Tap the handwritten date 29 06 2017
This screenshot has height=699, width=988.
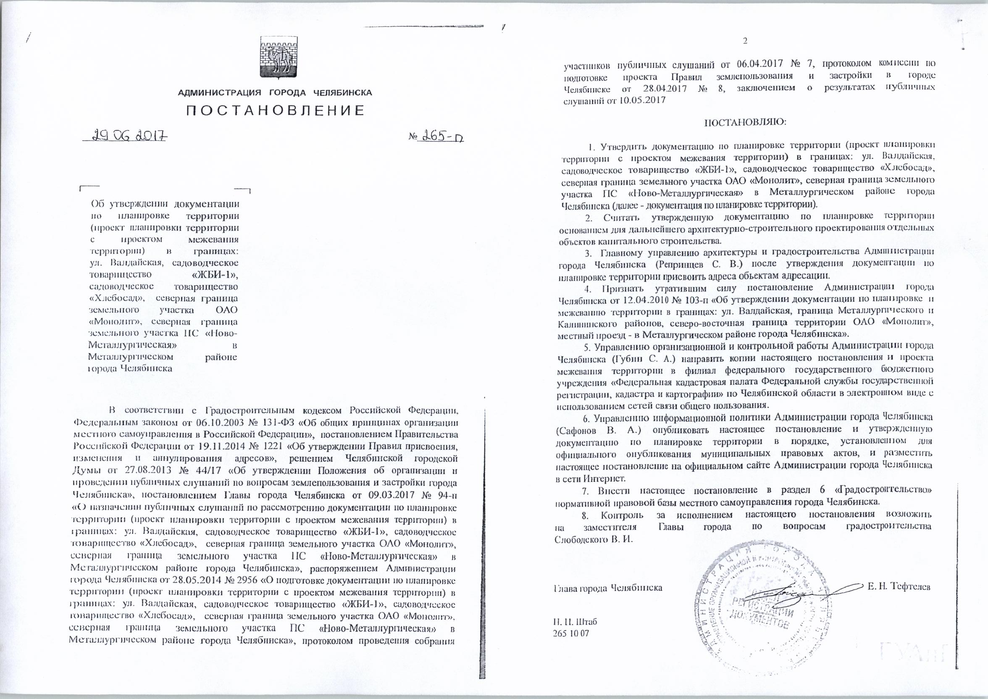click(124, 137)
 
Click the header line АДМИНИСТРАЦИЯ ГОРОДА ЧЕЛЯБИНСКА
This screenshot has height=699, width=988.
click(275, 92)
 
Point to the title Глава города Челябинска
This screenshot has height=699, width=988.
click(607, 587)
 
